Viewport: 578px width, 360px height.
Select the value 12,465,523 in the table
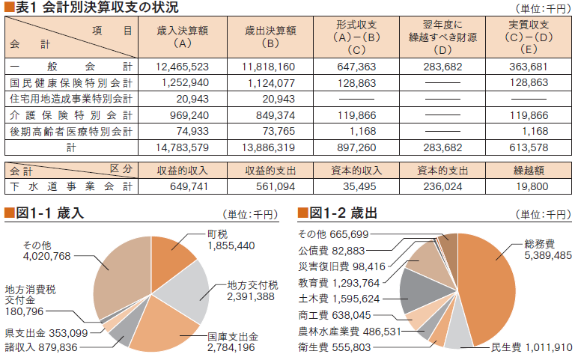[183, 67]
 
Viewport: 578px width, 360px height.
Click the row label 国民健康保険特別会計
[71, 83]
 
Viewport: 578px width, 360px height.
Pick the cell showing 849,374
[270, 115]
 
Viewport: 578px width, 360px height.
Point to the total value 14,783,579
[183, 148]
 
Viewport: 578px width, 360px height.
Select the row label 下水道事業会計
[71, 186]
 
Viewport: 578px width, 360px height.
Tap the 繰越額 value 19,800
[532, 186]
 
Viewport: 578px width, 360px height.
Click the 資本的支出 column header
[442, 170]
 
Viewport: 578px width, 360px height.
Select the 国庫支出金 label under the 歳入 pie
[232, 341]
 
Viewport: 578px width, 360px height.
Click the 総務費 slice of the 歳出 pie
[490, 292]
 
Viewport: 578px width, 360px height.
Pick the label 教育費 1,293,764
[339, 283]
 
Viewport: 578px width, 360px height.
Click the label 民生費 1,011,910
[532, 347]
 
